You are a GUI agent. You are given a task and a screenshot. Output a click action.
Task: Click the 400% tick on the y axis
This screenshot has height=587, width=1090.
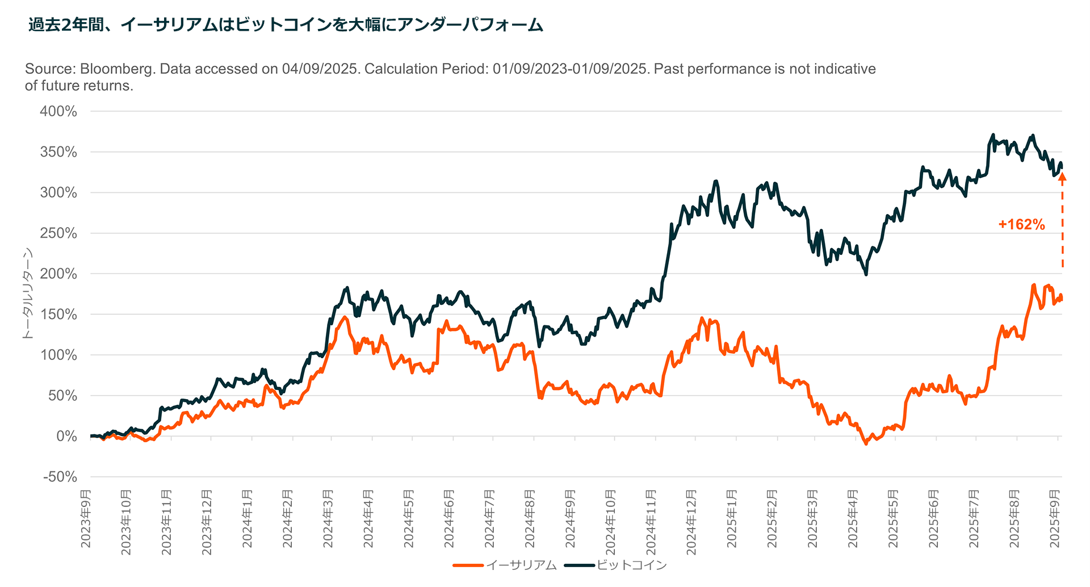tap(58, 112)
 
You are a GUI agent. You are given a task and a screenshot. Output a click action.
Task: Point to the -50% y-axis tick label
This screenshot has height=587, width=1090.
tap(60, 477)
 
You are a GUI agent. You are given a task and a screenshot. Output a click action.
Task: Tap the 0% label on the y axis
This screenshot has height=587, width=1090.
tap(67, 437)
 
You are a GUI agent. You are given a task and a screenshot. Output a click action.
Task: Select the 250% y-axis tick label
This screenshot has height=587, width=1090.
tap(58, 233)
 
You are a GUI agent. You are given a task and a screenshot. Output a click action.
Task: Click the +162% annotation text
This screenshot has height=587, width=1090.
tap(1021, 225)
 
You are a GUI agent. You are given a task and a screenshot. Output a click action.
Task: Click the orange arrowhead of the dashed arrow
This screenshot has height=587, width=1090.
tap(1062, 177)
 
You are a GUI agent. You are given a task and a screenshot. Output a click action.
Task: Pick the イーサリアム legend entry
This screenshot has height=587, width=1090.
tap(521, 565)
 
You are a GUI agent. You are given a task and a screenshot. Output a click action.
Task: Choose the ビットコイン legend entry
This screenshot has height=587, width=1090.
tap(631, 565)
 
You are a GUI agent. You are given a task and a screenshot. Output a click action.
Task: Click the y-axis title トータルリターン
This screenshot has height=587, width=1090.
tap(27, 294)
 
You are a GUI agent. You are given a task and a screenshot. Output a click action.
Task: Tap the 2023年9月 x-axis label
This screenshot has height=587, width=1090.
tap(86, 519)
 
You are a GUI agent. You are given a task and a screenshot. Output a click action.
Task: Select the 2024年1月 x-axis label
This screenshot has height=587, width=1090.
tap(248, 519)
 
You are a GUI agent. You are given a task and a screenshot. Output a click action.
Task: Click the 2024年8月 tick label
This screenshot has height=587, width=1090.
tap(530, 519)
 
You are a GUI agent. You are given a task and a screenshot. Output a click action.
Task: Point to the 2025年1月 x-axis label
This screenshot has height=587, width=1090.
tap(732, 519)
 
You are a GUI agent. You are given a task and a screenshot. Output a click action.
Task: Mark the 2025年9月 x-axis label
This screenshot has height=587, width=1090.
tap(1055, 519)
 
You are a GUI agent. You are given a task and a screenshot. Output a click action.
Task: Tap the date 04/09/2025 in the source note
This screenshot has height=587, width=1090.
tap(320, 69)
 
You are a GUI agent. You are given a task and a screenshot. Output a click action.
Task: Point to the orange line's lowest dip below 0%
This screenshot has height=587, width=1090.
tap(866, 443)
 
